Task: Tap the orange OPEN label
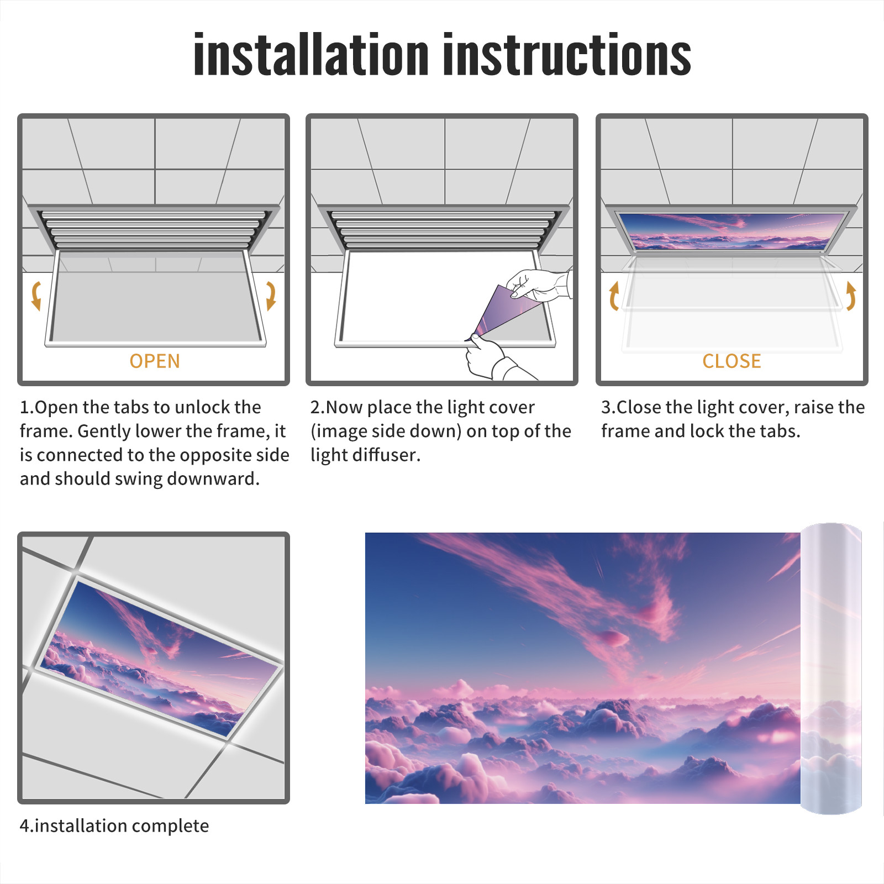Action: (155, 361)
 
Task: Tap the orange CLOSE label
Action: (732, 361)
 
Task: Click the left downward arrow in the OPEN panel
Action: (36, 295)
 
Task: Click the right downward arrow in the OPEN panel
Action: (271, 295)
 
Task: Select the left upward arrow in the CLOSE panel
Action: (614, 296)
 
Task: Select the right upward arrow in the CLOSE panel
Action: (851, 296)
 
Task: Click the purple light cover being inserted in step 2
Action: (506, 312)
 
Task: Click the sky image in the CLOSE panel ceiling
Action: (732, 230)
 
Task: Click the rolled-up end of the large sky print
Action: (831, 669)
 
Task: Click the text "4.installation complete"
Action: (114, 826)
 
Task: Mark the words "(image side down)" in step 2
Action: (386, 431)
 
